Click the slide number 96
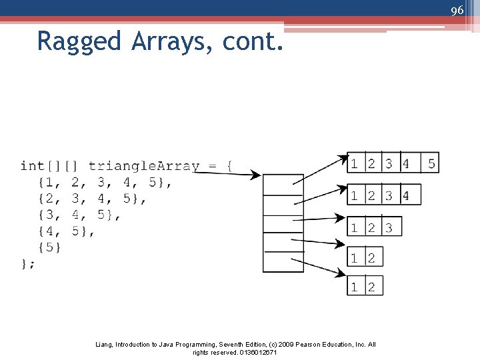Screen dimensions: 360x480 (x=457, y=10)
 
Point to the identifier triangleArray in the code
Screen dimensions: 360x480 (x=143, y=165)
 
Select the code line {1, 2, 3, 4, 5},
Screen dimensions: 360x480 (x=105, y=182)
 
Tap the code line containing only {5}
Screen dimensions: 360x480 (x=50, y=247)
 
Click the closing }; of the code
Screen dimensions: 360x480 (x=28, y=264)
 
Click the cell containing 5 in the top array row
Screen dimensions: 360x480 (x=431, y=163)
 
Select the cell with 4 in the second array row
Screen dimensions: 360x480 (x=406, y=195)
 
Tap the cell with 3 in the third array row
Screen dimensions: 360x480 (x=389, y=227)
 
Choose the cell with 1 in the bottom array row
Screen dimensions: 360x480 (x=355, y=287)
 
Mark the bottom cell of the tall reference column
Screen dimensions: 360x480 (x=283, y=261)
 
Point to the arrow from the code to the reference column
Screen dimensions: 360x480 (x=227, y=173)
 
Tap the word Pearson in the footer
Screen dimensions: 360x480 (x=296, y=345)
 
